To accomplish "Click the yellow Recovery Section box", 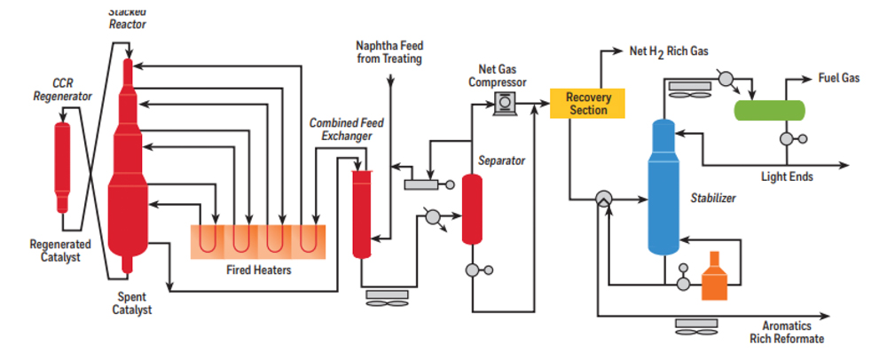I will pos(587,103).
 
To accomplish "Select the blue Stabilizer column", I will pos(663,186).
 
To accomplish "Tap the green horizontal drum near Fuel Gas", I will pos(769,109).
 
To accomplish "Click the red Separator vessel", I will pos(471,209).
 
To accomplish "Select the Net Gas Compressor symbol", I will pos(505,104).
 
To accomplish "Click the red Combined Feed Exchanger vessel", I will pos(361,213).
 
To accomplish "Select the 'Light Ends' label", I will pos(787,176).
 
